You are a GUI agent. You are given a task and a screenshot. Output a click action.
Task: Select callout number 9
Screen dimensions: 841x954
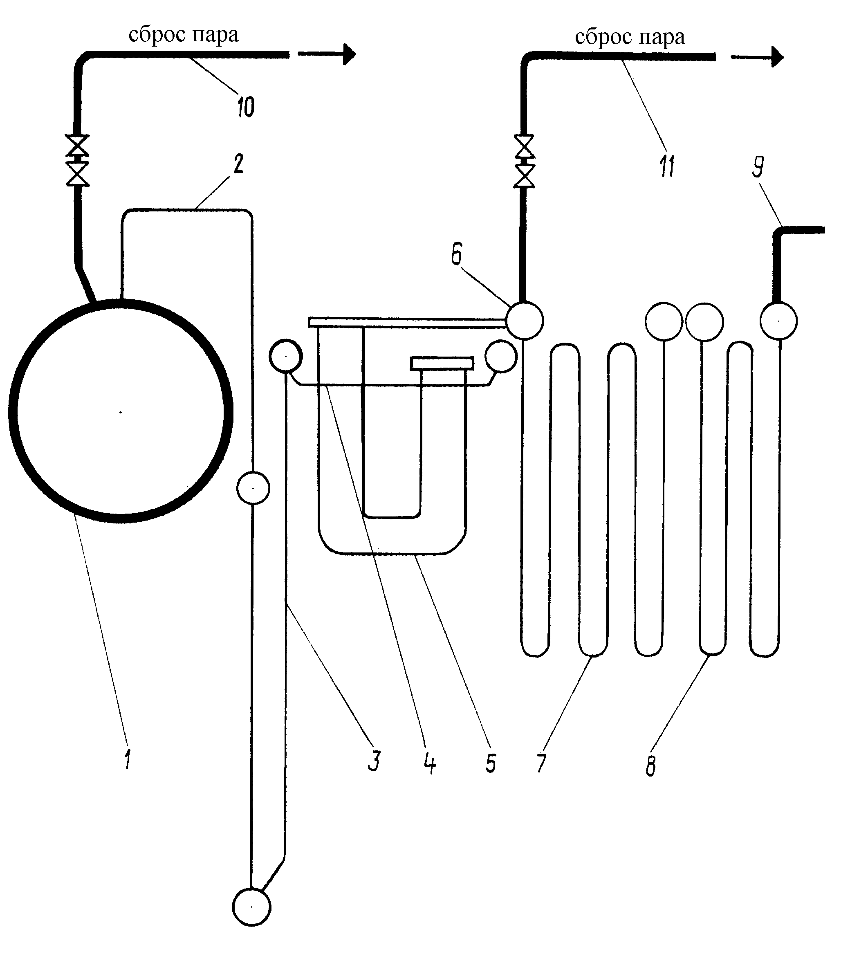pyautogui.click(x=758, y=167)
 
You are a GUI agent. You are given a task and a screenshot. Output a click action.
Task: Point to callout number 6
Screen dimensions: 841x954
pyautogui.click(x=456, y=254)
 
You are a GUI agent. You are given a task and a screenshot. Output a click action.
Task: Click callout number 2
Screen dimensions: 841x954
pyautogui.click(x=238, y=164)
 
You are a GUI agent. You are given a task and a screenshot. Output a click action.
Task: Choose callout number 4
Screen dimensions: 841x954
pyautogui.click(x=430, y=763)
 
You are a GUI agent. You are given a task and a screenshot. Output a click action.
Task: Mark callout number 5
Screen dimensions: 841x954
pyautogui.click(x=491, y=763)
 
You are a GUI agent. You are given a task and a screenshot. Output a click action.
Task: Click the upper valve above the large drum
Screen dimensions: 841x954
pyautogui.click(x=77, y=145)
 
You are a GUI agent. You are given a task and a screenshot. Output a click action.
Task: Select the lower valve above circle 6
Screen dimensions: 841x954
pyautogui.click(x=525, y=175)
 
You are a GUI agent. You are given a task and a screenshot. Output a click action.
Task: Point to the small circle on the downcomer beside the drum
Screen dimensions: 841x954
pyautogui.click(x=253, y=488)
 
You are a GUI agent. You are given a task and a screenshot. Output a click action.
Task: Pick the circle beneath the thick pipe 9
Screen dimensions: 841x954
pyautogui.click(x=778, y=321)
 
